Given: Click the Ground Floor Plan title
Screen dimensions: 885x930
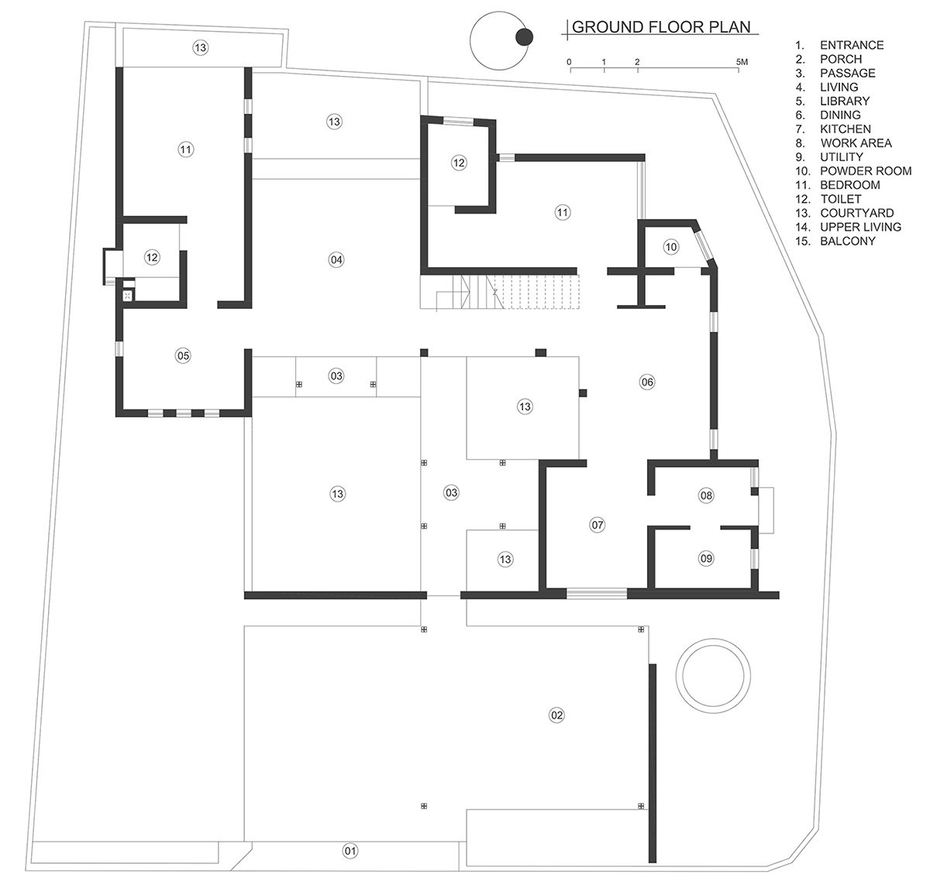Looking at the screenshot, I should coord(661,28).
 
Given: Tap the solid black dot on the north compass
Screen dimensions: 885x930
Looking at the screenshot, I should coord(525,36).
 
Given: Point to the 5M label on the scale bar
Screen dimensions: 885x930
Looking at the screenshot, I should coord(742,61).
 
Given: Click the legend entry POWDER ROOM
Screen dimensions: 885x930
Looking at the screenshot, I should coord(865,171).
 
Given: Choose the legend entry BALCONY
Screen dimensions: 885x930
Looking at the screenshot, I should coord(847,241).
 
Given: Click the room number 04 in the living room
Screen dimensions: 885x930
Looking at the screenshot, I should coord(336,259).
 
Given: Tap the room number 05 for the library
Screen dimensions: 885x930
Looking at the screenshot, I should coord(183,356).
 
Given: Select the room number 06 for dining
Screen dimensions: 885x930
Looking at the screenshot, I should coord(647,381).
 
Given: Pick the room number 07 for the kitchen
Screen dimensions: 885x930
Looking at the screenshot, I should coord(598,525).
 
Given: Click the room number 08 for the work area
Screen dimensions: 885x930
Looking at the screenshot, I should coord(705,496).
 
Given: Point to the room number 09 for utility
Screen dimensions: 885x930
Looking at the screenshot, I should coord(705,557).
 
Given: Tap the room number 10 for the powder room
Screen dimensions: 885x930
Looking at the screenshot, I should coord(671,247).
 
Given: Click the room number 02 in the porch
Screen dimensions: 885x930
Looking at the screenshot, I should coord(556,715).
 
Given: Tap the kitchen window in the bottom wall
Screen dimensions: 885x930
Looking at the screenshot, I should coord(596,594).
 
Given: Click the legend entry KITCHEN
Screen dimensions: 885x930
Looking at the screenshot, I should coord(845,129).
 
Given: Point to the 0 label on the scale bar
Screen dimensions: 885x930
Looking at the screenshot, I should coord(570,61).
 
